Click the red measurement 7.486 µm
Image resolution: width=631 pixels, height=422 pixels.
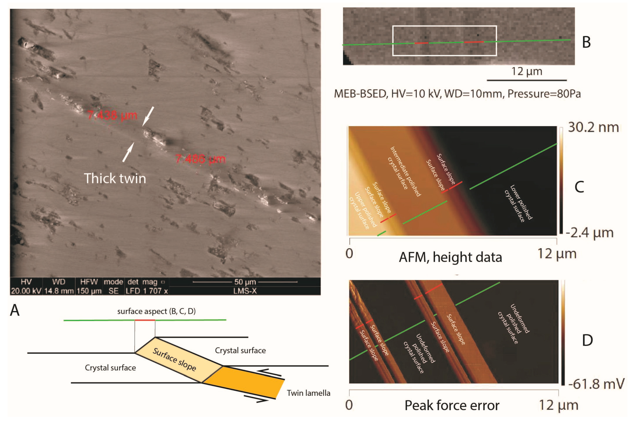pos(200,159)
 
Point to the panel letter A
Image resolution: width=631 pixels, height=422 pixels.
pos(15,310)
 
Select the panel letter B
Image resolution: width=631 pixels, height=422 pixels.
pos(586,42)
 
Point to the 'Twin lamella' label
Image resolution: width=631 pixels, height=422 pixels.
pos(308,393)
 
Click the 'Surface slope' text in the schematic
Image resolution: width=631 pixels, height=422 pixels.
pos(174,359)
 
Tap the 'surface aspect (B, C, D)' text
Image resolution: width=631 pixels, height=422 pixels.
pos(156,311)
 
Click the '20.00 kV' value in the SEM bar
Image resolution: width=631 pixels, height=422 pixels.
pos(26,291)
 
